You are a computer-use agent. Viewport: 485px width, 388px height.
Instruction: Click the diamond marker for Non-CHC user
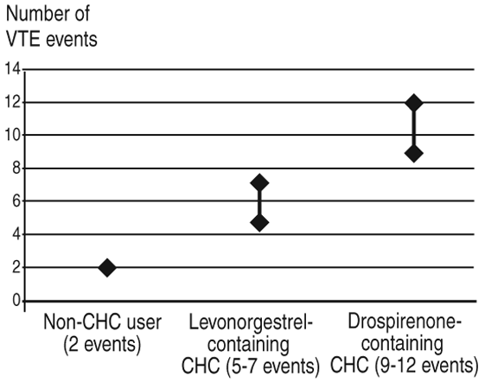pyautogui.click(x=107, y=268)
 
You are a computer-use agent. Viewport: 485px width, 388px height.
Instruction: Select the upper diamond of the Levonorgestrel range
pyautogui.click(x=259, y=183)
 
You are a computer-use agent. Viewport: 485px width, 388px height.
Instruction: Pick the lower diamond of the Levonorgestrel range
pyautogui.click(x=259, y=223)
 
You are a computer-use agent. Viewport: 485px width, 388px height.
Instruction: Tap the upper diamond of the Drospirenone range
pyautogui.click(x=414, y=103)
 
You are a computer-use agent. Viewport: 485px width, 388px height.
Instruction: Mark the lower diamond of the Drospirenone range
pyautogui.click(x=414, y=153)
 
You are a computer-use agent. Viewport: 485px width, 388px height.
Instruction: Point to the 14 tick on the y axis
pyautogui.click(x=12, y=68)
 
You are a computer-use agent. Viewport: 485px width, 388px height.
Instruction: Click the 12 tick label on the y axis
pyautogui.click(x=12, y=102)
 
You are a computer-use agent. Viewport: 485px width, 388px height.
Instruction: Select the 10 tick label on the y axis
pyautogui.click(x=12, y=135)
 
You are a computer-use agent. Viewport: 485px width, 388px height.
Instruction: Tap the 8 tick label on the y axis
pyautogui.click(x=16, y=169)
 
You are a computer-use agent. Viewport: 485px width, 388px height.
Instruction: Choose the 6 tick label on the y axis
pyautogui.click(x=16, y=201)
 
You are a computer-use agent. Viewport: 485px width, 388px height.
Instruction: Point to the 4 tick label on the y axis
pyautogui.click(x=16, y=235)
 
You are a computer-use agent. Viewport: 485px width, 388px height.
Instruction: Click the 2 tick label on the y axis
pyautogui.click(x=16, y=267)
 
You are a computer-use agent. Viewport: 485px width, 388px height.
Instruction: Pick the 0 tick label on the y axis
pyautogui.click(x=16, y=301)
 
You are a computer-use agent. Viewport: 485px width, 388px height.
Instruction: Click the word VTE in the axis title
pyautogui.click(x=23, y=39)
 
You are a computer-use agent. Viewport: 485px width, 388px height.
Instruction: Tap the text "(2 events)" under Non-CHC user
pyautogui.click(x=102, y=344)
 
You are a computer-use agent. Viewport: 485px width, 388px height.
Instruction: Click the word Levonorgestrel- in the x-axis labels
pyautogui.click(x=251, y=322)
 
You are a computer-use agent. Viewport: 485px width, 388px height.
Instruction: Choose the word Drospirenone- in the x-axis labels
pyautogui.click(x=405, y=321)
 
